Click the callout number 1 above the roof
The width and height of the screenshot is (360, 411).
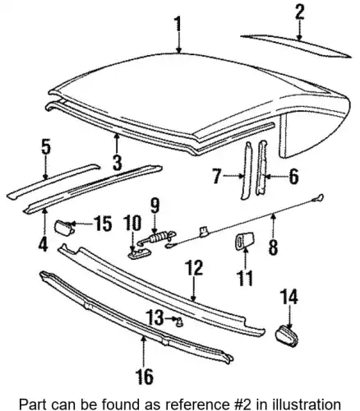pos(178,24)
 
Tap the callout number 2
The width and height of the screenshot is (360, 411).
pos(300,12)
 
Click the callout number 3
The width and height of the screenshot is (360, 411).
pos(118,163)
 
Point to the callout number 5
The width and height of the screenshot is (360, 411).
pos(46,146)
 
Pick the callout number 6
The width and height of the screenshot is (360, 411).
pos(293,177)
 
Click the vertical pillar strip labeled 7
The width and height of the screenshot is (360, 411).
pos(247,170)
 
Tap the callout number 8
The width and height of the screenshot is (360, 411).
pos(273,247)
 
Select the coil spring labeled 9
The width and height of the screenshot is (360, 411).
pos(157,238)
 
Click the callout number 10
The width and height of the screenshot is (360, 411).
pos(132,223)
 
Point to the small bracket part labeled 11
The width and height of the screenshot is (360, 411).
pos(245,241)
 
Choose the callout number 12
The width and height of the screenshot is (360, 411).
pos(194,268)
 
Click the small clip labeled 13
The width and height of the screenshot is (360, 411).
pos(180,322)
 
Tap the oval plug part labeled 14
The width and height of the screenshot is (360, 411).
pos(287,336)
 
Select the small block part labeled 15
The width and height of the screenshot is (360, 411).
pos(65,228)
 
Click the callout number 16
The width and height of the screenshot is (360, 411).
pos(145,376)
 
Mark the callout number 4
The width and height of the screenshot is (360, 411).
pos(44,245)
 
